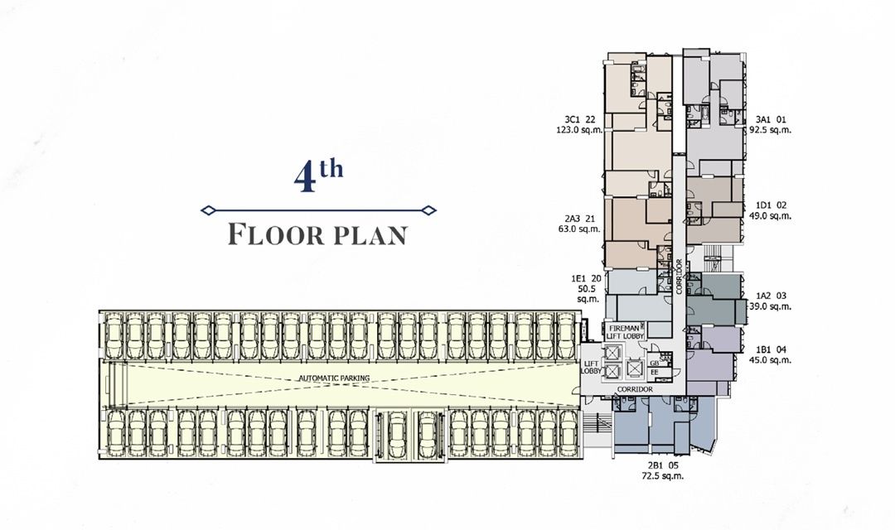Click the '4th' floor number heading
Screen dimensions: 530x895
pos(318,176)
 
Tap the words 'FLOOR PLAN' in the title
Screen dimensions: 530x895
pos(318,234)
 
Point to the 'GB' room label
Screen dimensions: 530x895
pos(655,364)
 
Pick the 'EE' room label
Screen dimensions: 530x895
pos(655,373)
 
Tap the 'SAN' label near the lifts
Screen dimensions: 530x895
pos(664,357)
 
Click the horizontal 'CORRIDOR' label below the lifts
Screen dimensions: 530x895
pos(634,388)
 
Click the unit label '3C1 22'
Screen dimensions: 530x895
pos(580,118)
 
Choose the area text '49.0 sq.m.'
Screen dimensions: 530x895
pos(770,216)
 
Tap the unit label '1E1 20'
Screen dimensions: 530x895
pos(585,279)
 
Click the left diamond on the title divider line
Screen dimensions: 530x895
pos(209,210)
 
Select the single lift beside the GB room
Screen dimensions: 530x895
pos(636,366)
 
